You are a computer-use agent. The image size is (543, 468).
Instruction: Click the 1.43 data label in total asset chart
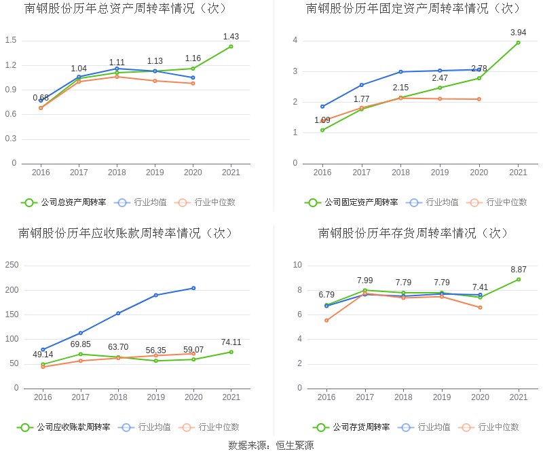click(x=231, y=37)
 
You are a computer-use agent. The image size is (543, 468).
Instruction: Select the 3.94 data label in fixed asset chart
click(x=518, y=33)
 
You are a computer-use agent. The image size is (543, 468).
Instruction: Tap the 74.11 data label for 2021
click(x=231, y=342)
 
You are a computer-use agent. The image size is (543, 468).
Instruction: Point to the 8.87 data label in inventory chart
click(x=518, y=270)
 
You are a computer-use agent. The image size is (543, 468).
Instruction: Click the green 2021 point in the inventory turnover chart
click(x=518, y=279)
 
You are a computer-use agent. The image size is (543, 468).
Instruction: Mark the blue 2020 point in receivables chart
click(x=193, y=288)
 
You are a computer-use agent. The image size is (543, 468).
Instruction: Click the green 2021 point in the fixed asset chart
click(x=518, y=43)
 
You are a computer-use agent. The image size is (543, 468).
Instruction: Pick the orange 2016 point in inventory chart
click(x=326, y=320)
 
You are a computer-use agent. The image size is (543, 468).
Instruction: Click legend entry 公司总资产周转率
click(x=64, y=202)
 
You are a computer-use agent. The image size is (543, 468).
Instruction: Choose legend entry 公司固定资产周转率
click(x=352, y=202)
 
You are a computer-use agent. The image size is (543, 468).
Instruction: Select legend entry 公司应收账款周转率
click(x=64, y=427)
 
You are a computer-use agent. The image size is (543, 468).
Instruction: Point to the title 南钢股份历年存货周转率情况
click(x=414, y=233)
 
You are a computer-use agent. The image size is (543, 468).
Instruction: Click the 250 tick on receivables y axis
click(x=12, y=265)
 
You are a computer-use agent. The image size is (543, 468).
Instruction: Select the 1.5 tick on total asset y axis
click(x=10, y=41)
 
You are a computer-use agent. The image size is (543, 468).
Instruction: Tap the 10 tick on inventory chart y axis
click(x=297, y=265)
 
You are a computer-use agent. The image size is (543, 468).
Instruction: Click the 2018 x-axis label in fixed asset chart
click(x=400, y=173)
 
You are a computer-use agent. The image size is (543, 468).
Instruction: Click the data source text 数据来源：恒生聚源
click(x=271, y=446)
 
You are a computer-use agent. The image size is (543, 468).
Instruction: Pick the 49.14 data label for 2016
click(x=43, y=355)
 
